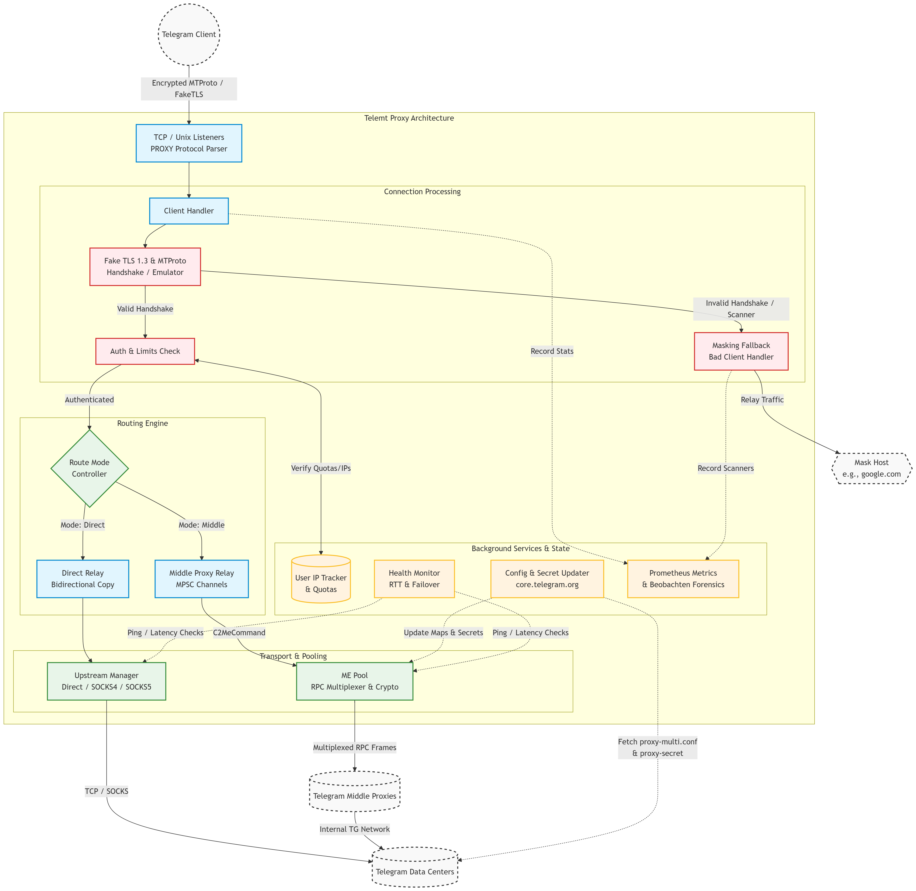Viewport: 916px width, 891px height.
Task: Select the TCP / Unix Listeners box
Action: click(189, 143)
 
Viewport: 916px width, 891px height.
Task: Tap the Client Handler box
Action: click(189, 211)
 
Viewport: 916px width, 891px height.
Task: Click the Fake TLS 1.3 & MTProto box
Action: click(145, 267)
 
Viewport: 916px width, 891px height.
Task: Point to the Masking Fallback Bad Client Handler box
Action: click(741, 351)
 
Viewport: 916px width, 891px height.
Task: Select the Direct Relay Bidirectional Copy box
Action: click(83, 579)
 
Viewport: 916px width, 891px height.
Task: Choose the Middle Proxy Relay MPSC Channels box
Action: click(202, 579)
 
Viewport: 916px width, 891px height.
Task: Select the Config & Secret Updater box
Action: click(547, 579)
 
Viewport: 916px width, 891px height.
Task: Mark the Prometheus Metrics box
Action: click(683, 579)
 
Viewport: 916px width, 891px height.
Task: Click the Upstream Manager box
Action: click(107, 681)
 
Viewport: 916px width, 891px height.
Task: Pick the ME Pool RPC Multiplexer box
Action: click(355, 681)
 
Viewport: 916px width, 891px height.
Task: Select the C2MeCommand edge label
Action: click(239, 633)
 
